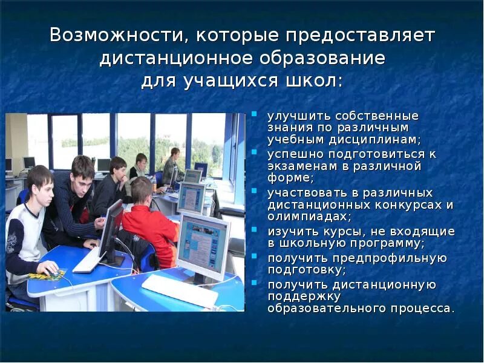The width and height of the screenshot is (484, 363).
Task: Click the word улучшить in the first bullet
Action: (x=292, y=116)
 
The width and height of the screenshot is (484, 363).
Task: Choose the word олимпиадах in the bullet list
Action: (x=299, y=215)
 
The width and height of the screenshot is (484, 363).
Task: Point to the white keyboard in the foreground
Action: (x=178, y=289)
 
